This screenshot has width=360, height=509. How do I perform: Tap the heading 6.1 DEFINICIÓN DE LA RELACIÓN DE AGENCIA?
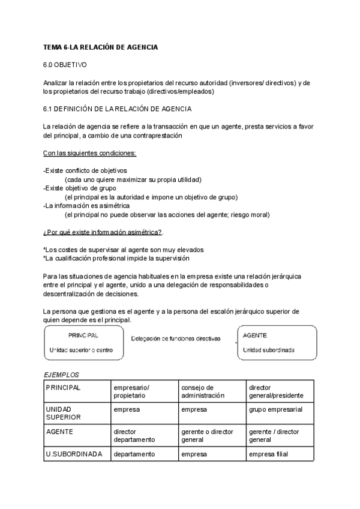[117, 109]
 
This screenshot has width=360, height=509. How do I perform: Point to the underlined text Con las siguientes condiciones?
[89, 153]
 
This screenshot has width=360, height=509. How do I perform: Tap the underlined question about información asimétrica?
[103, 232]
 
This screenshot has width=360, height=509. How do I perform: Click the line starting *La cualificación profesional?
[116, 258]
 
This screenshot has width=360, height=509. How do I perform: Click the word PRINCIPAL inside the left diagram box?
[83, 336]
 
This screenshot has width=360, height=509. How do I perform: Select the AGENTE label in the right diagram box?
[255, 336]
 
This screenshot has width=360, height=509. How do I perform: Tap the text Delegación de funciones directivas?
[176, 339]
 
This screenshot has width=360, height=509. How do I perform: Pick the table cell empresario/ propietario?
[131, 391]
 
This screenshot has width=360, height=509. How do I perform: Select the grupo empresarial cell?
[275, 409]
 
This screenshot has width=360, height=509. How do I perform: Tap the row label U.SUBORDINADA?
[73, 454]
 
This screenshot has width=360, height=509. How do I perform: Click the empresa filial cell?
[268, 454]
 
